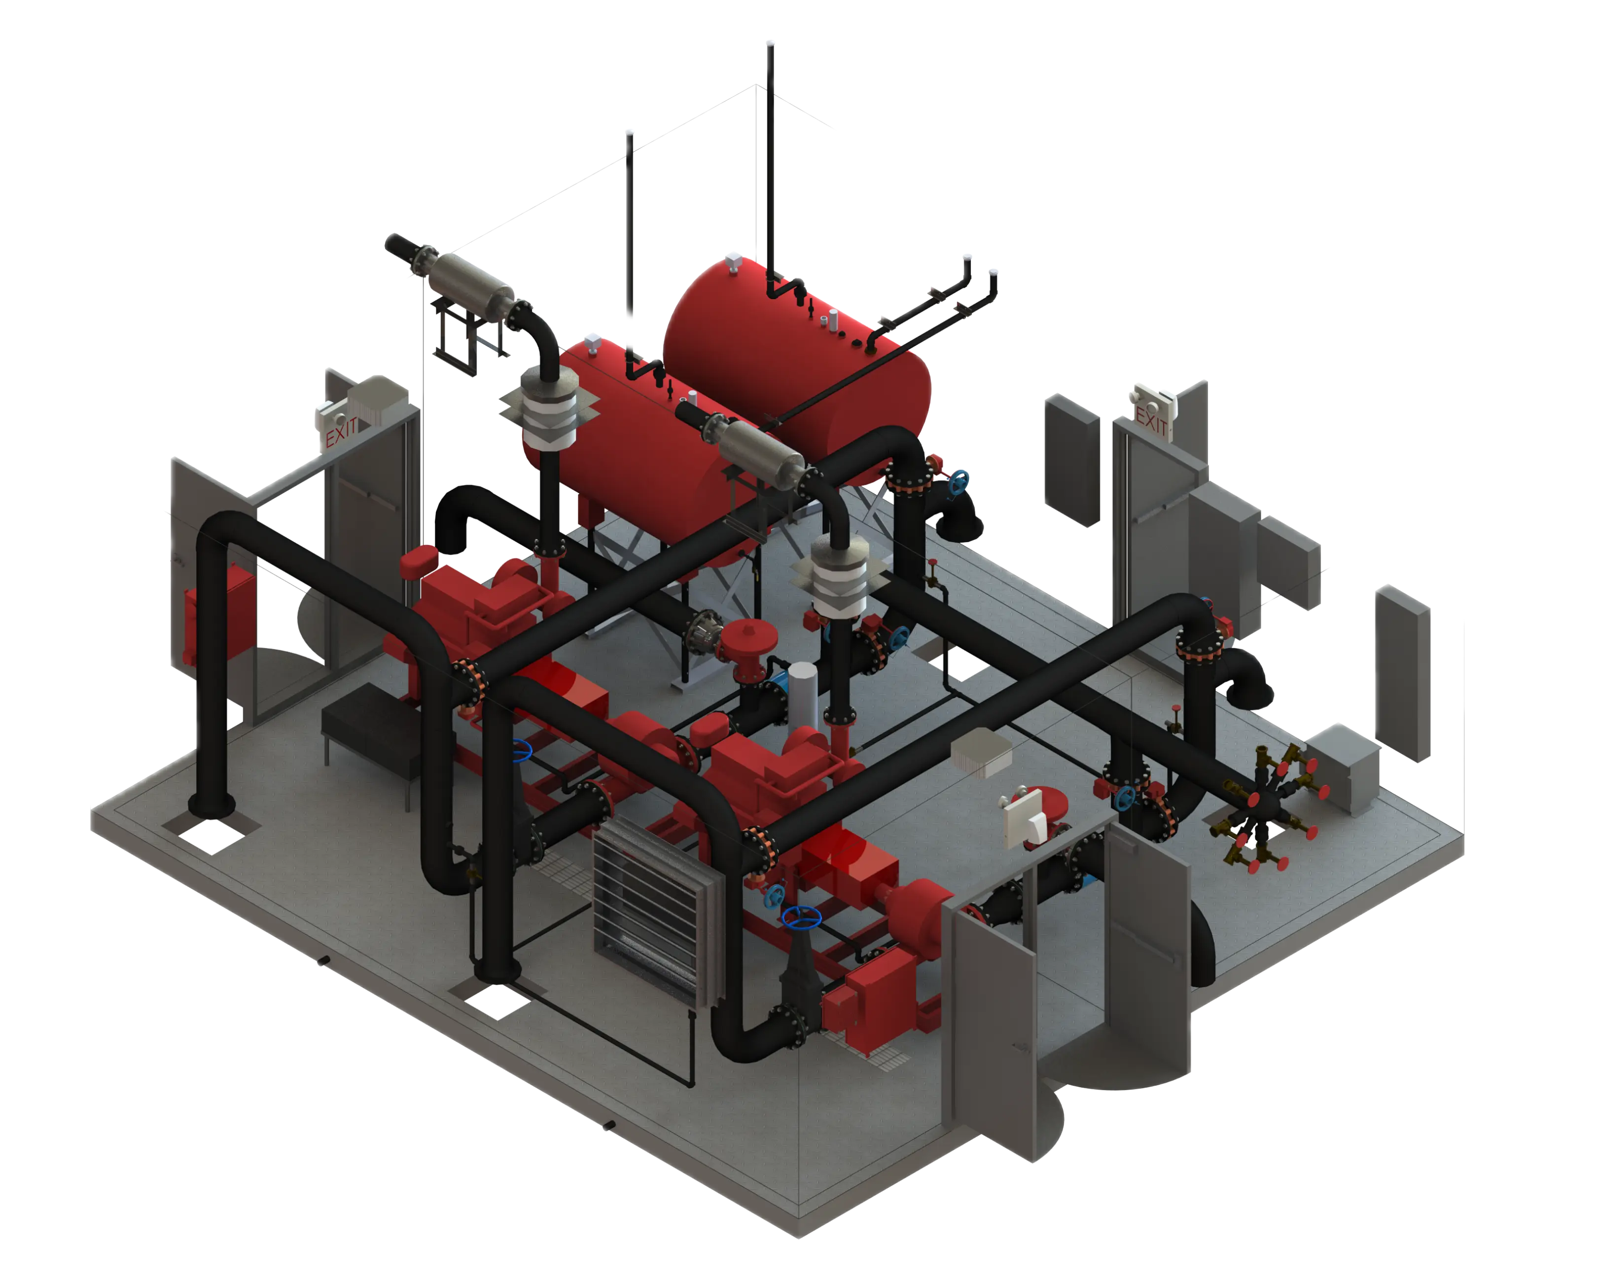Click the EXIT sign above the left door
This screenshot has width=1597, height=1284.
coord(340,431)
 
